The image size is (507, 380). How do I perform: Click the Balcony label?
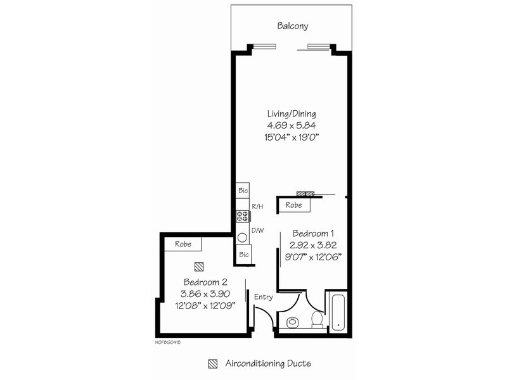coord(292,26)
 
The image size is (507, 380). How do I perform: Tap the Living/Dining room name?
coord(292,113)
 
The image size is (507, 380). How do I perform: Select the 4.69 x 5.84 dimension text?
coord(292,125)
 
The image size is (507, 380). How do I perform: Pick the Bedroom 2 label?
coord(205,282)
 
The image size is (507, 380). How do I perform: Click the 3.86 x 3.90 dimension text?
coord(206,293)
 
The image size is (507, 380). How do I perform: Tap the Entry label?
coord(263,296)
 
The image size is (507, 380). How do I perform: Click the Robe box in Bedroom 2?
coord(183,244)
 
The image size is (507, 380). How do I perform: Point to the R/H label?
coord(258,206)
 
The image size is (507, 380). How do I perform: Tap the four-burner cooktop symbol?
coord(242,216)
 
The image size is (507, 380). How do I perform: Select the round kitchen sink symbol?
coord(242,238)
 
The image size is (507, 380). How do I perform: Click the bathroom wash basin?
coord(292,322)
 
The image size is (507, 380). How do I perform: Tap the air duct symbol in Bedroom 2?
coord(199,267)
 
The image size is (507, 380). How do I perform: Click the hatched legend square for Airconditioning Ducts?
coord(213,364)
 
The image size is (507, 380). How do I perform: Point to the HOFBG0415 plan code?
coord(167,341)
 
